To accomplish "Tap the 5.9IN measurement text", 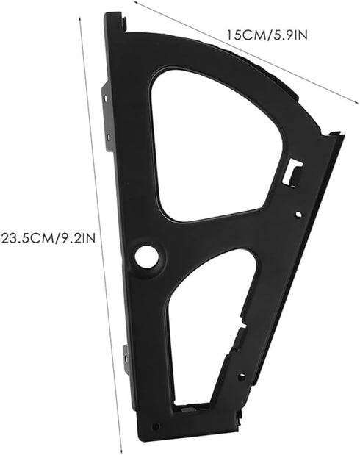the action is point(287,35).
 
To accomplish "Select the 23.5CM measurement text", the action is point(27,239).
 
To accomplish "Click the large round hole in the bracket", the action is point(147,257).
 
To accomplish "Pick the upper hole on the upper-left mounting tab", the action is point(106,98).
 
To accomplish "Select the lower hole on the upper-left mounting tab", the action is point(108,135).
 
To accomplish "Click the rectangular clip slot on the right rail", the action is point(293,172).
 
